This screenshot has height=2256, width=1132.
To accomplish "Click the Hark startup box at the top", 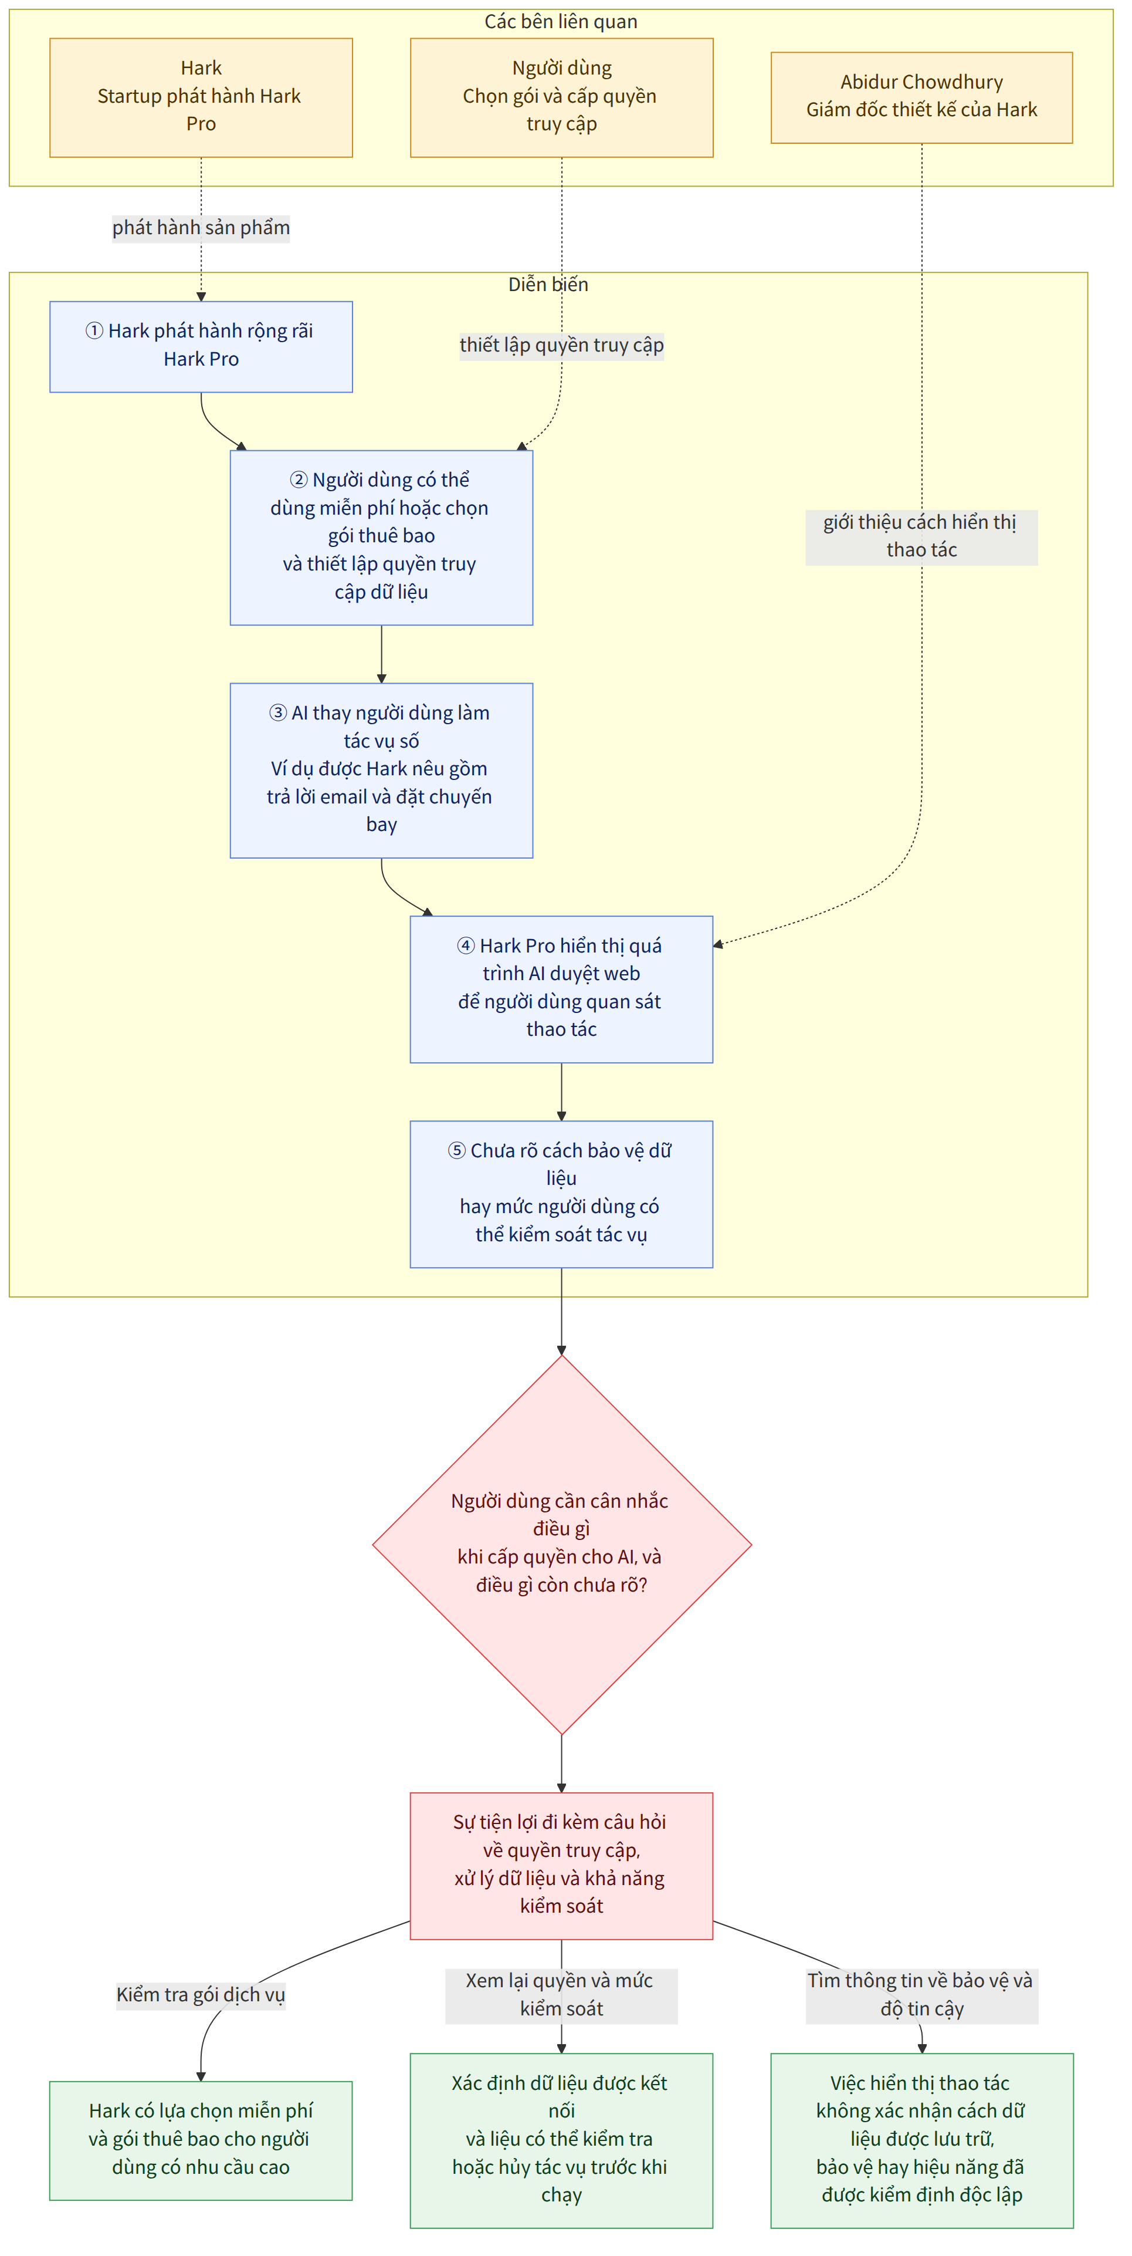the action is [201, 97].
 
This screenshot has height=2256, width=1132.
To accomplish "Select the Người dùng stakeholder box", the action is [561, 97].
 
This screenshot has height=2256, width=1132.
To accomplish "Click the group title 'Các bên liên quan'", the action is [561, 22].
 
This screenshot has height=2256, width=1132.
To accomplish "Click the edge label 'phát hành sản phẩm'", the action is [201, 228].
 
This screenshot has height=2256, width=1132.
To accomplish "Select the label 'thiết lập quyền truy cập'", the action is [561, 345].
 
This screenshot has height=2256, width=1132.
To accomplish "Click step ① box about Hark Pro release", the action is [201, 347].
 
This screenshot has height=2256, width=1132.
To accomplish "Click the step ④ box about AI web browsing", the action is [561, 989].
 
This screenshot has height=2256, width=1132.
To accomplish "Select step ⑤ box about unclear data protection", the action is [561, 1194].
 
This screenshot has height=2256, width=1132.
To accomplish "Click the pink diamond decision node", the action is [561, 1544].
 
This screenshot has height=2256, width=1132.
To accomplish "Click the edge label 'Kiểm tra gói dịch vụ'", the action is [201, 1995].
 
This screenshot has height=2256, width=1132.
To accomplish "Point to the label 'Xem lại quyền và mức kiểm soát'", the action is [561, 1995].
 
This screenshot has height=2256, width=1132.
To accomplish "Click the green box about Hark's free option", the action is [201, 2140].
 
